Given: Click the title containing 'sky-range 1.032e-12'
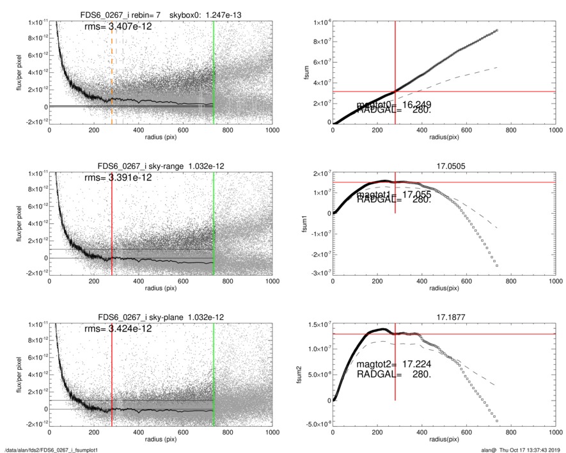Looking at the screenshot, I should coord(161,166).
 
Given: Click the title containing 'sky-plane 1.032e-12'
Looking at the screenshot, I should coord(161,317).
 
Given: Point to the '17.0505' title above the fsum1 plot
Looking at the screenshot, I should coord(443,166).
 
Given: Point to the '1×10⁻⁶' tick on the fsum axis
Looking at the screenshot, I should coord(318,22).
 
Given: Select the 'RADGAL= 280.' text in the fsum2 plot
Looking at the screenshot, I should coord(393,374).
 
